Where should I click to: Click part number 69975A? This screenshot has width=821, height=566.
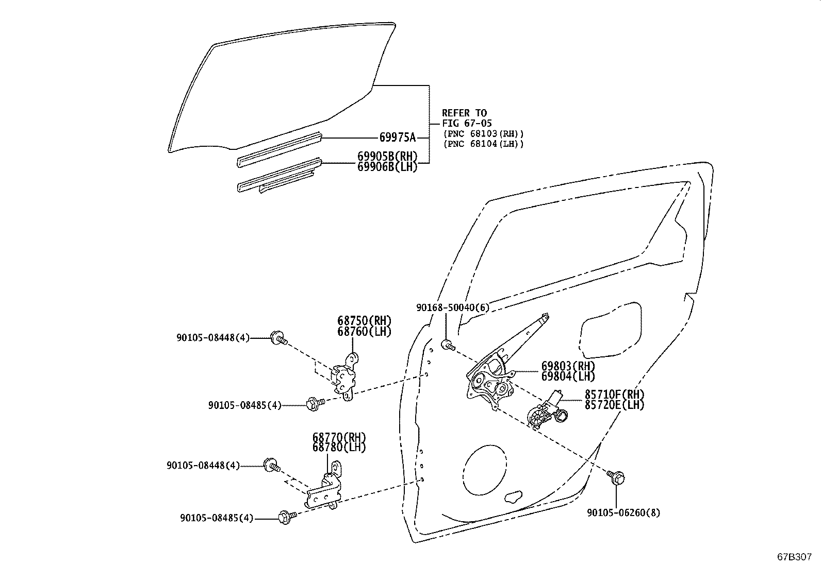pos(397,138)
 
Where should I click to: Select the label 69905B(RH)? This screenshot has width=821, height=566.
pos(387,156)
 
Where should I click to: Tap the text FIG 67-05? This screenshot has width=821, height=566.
pos(467,124)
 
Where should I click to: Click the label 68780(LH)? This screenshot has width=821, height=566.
pos(339,448)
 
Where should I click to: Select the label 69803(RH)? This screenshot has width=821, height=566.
pos(568,366)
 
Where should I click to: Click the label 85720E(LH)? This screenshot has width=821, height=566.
pos(614,405)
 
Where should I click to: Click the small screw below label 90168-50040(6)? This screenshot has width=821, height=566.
pos(447,345)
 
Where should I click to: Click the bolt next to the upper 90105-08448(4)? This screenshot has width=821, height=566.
pos(278,338)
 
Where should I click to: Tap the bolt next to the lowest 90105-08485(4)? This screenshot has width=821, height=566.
pos(285,517)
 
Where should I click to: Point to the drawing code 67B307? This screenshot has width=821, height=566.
pos(795,557)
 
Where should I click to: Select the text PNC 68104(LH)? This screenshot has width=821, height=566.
pos(483,144)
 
